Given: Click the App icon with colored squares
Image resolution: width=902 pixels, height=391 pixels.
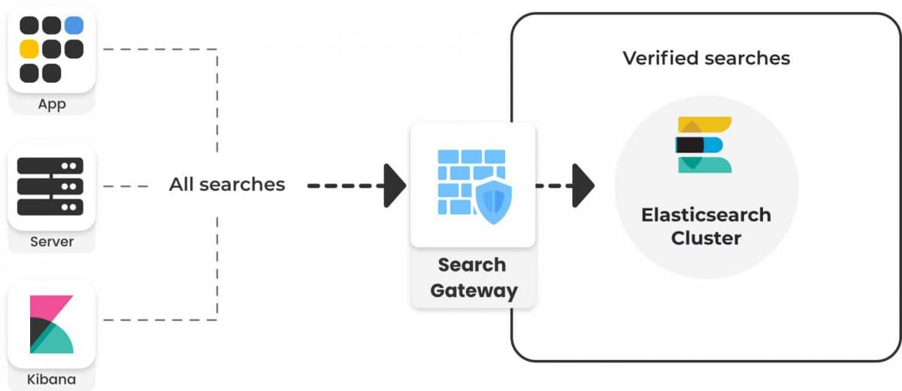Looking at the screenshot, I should (x=51, y=50).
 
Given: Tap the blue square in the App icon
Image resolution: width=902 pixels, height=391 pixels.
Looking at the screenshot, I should (x=74, y=26).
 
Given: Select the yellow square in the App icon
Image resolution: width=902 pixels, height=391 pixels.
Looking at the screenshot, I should (x=29, y=50).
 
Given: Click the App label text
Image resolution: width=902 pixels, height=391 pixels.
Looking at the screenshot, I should (x=51, y=104).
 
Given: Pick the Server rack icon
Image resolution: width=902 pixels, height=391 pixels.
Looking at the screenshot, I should (x=51, y=186).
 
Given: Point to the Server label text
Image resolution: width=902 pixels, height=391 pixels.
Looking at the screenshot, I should (x=51, y=241).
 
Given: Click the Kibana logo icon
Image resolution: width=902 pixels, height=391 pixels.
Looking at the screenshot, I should (x=51, y=325).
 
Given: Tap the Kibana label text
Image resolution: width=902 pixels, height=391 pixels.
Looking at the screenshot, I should (x=51, y=379).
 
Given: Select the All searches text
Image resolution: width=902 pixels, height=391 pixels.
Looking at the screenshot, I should (x=227, y=184).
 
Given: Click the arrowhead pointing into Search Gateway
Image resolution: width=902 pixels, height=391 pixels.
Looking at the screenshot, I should (x=394, y=184).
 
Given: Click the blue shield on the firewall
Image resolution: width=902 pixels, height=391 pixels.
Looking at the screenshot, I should (x=493, y=202).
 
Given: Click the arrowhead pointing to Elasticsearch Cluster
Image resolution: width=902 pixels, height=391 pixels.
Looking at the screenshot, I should (x=583, y=185).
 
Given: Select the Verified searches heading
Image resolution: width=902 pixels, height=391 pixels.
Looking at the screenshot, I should (x=706, y=58).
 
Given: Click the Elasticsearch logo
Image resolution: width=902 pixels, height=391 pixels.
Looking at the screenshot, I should (x=704, y=144).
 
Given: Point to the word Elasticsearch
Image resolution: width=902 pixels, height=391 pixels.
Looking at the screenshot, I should (x=706, y=215).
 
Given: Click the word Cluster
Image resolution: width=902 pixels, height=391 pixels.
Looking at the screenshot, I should (x=706, y=238).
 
